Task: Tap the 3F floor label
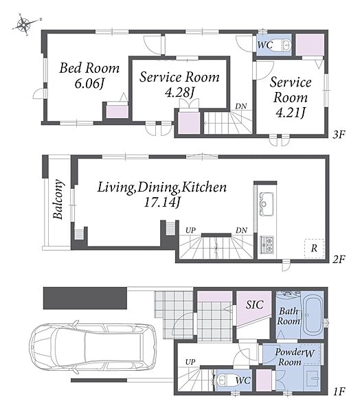click(339, 135)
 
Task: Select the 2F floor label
click(339, 260)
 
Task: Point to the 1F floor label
click(339, 391)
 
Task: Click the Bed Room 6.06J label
click(89, 76)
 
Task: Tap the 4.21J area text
click(291, 113)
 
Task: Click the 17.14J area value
click(162, 202)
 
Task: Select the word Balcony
click(58, 199)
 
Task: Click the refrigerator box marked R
click(314, 249)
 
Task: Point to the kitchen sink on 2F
click(267, 204)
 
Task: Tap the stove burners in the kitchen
click(267, 245)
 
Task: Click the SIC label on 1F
click(255, 304)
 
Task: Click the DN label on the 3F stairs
click(241, 106)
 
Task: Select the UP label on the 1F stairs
click(190, 362)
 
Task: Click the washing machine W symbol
click(309, 353)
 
